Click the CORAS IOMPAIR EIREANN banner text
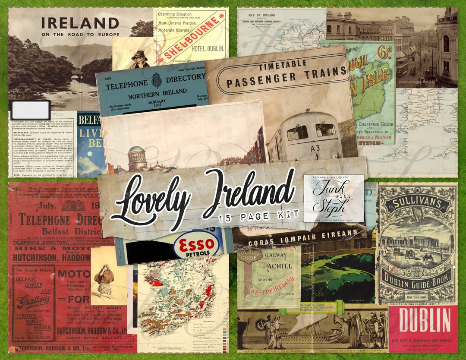298,237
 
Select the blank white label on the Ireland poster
30,110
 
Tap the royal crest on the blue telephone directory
156,80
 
